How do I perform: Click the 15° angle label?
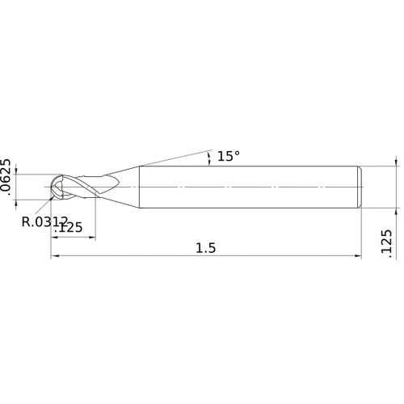[x=229, y=156]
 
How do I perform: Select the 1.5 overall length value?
[x=206, y=249]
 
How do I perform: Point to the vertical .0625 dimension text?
[x=6, y=177]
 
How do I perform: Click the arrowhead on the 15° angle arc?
[x=209, y=161]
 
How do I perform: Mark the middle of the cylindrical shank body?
[x=246, y=187]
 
